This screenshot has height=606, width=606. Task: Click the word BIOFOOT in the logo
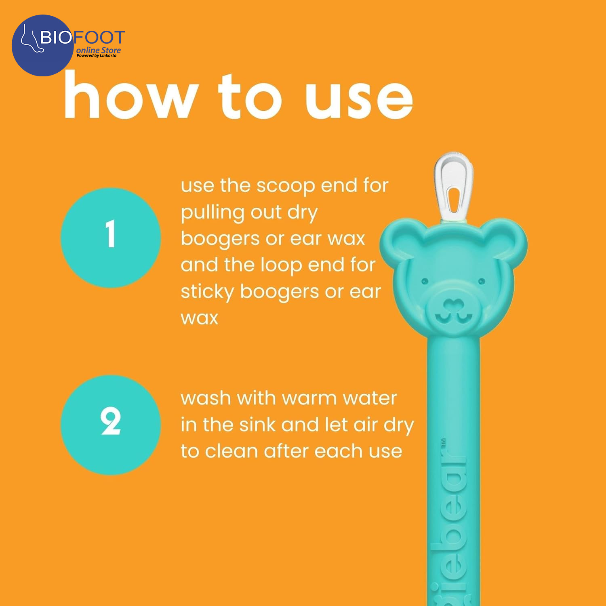tap(82, 38)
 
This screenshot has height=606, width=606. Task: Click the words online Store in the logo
tap(99, 50)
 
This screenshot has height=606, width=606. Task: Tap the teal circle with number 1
tap(111, 238)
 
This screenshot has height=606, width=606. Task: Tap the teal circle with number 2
tap(111, 425)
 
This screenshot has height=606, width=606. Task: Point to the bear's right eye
tap(482, 281)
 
